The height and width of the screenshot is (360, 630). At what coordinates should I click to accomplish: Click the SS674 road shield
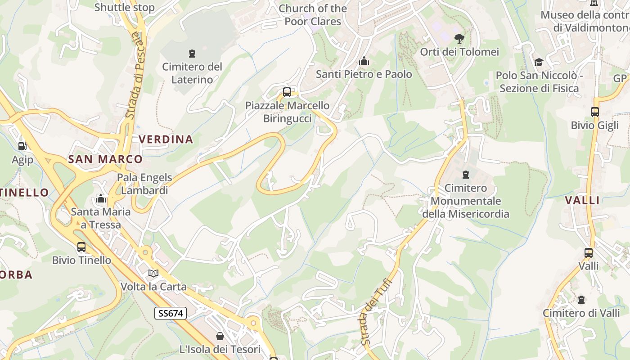(x=170, y=313)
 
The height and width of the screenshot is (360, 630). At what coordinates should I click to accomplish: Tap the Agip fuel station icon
(x=22, y=146)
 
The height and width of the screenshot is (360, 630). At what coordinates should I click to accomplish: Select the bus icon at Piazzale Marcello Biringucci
(x=287, y=92)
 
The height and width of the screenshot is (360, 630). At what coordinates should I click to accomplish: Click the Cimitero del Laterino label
(x=192, y=73)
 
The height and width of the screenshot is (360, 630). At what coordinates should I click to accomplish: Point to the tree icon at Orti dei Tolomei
(x=459, y=38)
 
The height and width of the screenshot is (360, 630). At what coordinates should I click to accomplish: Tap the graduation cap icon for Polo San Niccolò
(x=539, y=62)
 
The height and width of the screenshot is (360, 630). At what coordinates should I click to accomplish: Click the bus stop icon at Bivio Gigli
(x=594, y=112)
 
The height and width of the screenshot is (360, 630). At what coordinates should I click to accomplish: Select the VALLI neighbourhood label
(x=582, y=201)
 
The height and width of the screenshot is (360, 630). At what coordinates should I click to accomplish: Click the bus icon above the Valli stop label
(x=588, y=252)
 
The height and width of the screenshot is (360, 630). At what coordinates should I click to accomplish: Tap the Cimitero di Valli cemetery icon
(x=581, y=299)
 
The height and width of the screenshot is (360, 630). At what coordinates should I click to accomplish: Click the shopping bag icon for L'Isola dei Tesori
(x=220, y=336)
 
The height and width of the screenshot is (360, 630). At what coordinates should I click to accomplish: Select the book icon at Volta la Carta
(x=153, y=273)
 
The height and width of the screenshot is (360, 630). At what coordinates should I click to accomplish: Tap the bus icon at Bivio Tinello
(x=81, y=247)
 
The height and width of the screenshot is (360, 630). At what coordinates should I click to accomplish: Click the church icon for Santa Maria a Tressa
(x=101, y=198)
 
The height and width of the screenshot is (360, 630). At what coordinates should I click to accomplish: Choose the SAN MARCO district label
(x=105, y=159)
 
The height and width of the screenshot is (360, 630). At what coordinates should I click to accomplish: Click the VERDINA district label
(x=166, y=139)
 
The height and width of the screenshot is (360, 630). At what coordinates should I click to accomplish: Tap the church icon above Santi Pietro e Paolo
(x=364, y=61)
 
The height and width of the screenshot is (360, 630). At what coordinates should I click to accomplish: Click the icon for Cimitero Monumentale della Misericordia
(x=466, y=174)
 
